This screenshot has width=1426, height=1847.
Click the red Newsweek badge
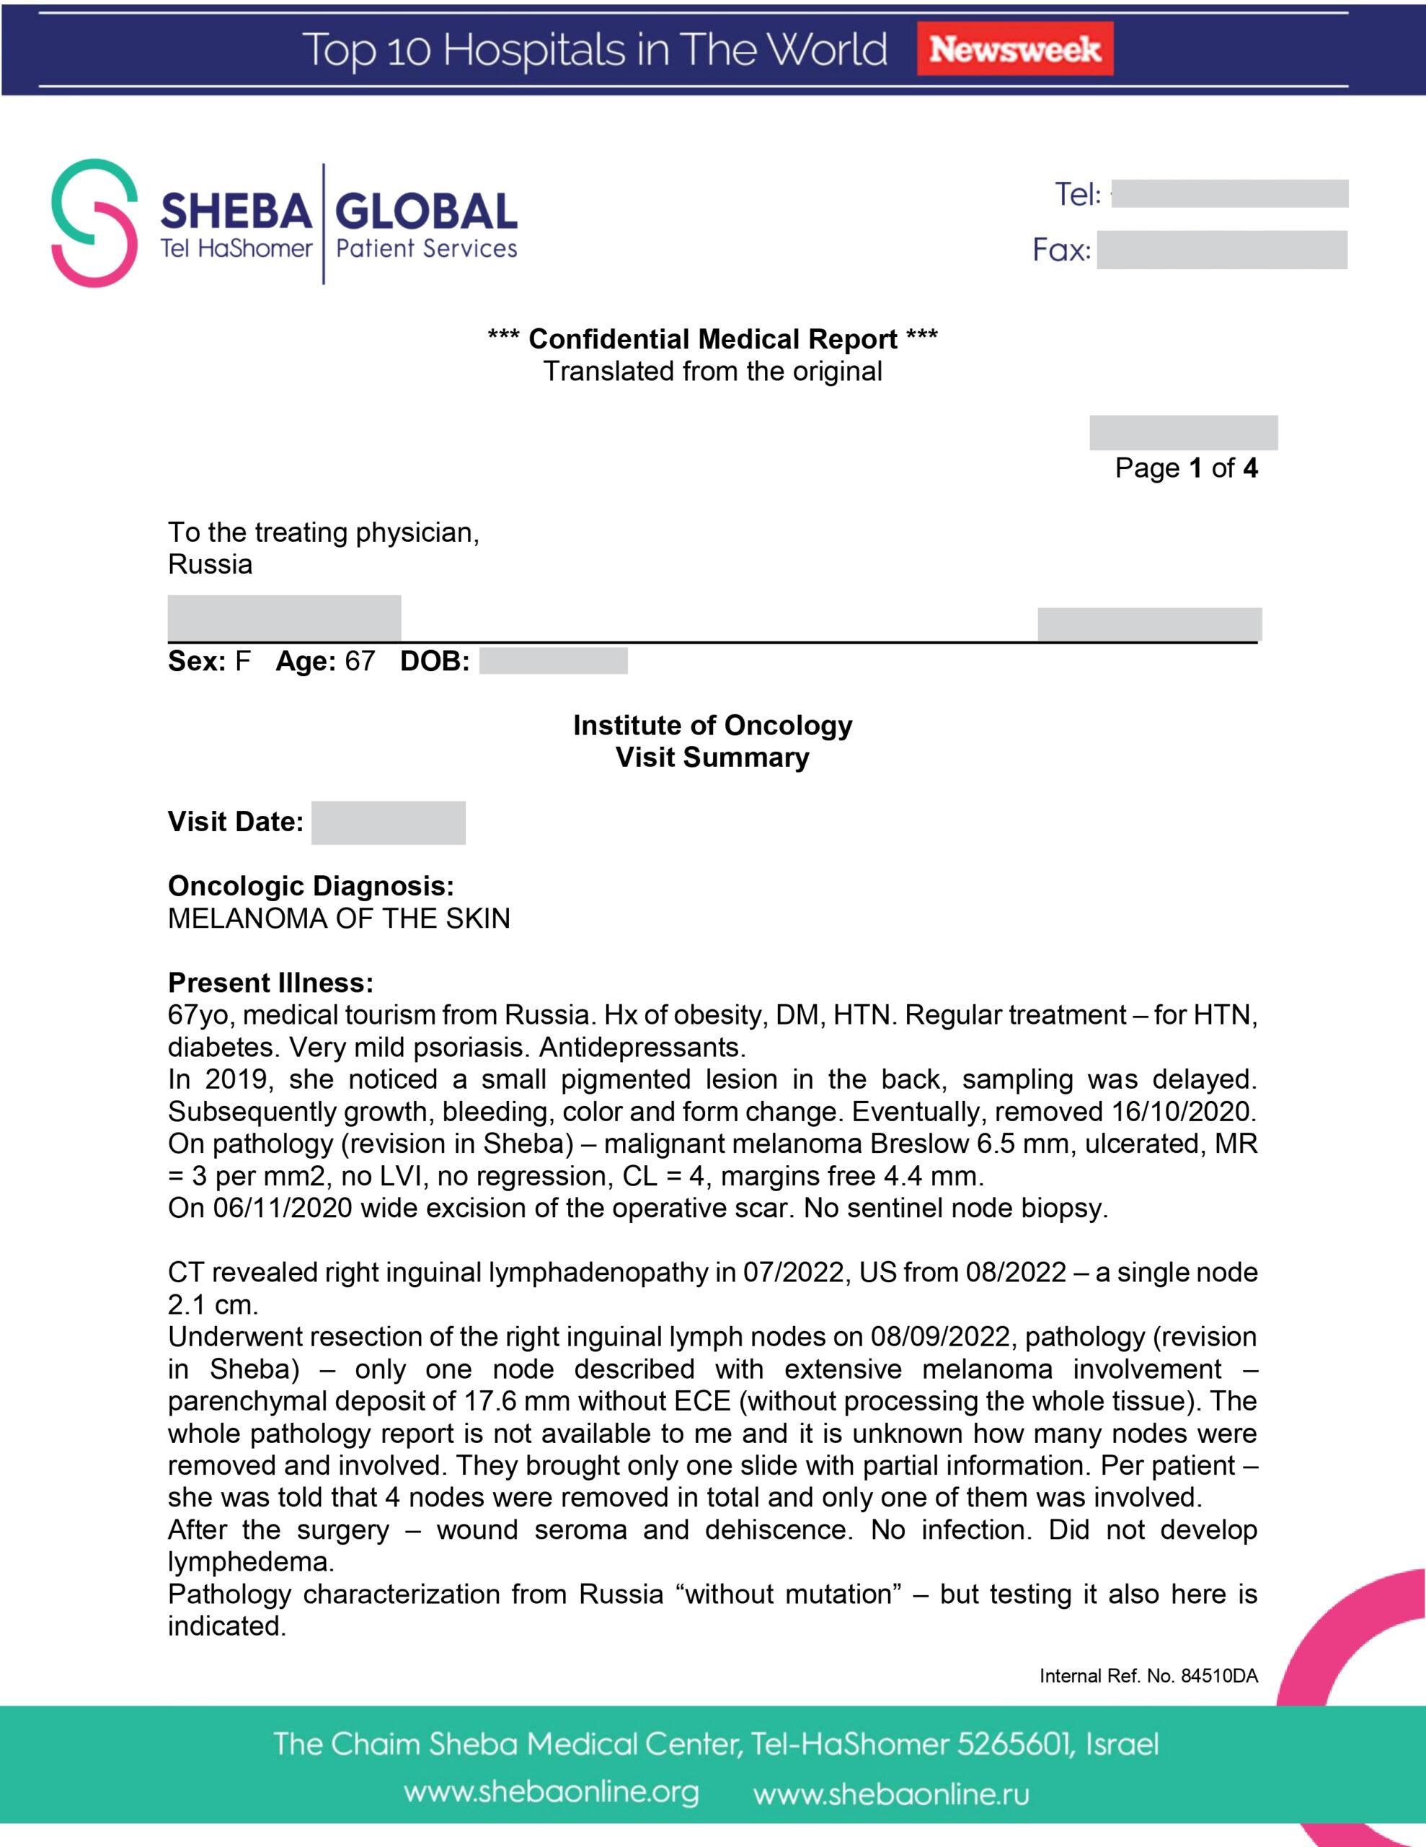point(1014,49)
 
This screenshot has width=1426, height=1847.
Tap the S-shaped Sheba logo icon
point(94,222)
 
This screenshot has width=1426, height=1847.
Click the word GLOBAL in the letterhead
point(426,211)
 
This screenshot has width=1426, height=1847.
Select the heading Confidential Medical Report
point(712,339)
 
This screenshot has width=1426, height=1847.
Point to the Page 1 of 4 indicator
point(1185,468)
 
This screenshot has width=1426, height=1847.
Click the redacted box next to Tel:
point(1230,193)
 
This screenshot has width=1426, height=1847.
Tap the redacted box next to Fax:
point(1221,250)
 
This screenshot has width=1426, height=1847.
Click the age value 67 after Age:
point(359,662)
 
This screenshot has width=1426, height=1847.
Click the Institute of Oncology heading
point(712,725)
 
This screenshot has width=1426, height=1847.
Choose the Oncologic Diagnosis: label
point(310,885)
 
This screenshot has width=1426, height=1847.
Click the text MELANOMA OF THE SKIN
point(338,918)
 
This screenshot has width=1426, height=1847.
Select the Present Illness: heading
point(270,982)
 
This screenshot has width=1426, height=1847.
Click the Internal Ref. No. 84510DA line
point(1148,1675)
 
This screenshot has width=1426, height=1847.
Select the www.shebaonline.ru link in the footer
point(890,1794)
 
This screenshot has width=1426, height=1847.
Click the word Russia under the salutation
point(210,564)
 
